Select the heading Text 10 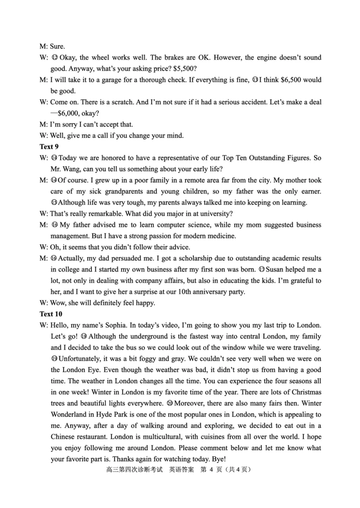click(x=51, y=314)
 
